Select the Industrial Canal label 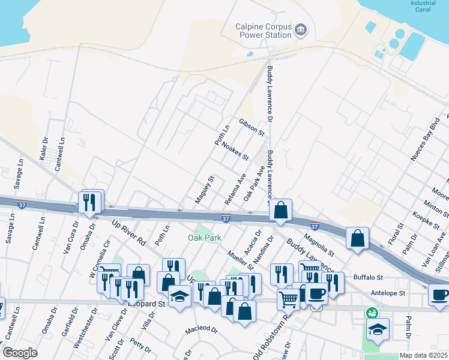pyautogui.click(x=423, y=5)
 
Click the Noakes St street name pyautogui.click(x=235, y=151)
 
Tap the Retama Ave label pyautogui.click(x=235, y=188)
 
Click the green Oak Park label pyautogui.click(x=202, y=237)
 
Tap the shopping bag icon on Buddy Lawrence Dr pyautogui.click(x=280, y=211)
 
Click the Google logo pyautogui.click(x=20, y=353)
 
